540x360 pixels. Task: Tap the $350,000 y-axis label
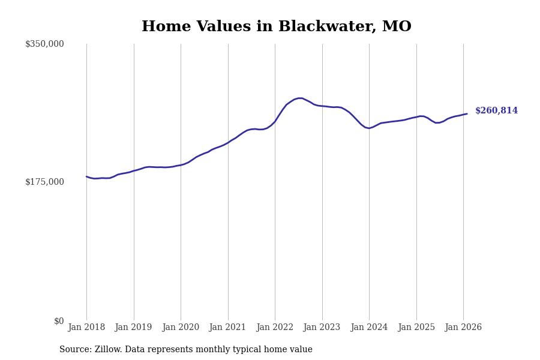pos(44,44)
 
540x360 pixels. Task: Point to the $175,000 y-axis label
pos(44,182)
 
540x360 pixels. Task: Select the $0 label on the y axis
pos(58,321)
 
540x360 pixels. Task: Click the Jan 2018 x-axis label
pos(86,328)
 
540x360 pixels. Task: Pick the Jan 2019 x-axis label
pos(133,328)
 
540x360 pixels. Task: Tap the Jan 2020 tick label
pos(181,328)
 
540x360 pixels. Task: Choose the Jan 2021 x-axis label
pos(227,328)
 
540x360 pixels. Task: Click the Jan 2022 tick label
pos(275,328)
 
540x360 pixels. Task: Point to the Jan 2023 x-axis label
pos(322,328)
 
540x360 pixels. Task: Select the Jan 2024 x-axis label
pos(369,328)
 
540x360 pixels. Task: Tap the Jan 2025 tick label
pos(416,328)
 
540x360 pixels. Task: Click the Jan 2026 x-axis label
pos(463,328)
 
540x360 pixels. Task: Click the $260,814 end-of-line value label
pos(496,111)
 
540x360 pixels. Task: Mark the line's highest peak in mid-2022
pos(299,98)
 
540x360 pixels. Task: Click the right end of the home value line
pos(467,114)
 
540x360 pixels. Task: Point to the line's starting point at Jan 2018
pos(86,176)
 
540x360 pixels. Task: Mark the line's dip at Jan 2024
pos(368,128)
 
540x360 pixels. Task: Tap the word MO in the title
pos(397,27)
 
